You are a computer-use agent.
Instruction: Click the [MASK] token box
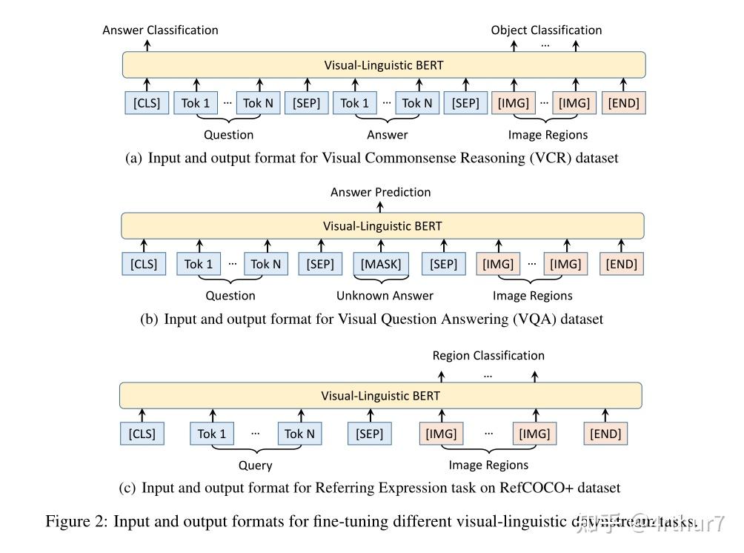381,264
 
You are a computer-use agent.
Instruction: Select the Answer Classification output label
160,30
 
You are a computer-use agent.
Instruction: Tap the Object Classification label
546,30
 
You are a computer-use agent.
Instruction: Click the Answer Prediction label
380,192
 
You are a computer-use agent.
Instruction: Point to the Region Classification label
488,356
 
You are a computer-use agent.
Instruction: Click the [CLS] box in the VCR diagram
147,103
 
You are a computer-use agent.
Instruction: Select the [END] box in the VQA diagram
622,264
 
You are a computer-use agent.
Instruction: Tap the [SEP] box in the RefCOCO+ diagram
369,434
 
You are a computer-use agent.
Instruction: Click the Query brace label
255,466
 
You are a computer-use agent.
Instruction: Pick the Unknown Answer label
385,296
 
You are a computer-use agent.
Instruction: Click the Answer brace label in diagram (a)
387,135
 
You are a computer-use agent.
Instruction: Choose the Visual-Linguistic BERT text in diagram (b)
382,226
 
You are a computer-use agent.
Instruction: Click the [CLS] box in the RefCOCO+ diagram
142,434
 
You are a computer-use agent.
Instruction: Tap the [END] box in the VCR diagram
623,103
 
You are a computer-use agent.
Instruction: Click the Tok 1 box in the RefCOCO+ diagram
211,434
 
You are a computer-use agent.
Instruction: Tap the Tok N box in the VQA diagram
265,264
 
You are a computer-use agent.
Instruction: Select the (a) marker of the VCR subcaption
134,158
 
